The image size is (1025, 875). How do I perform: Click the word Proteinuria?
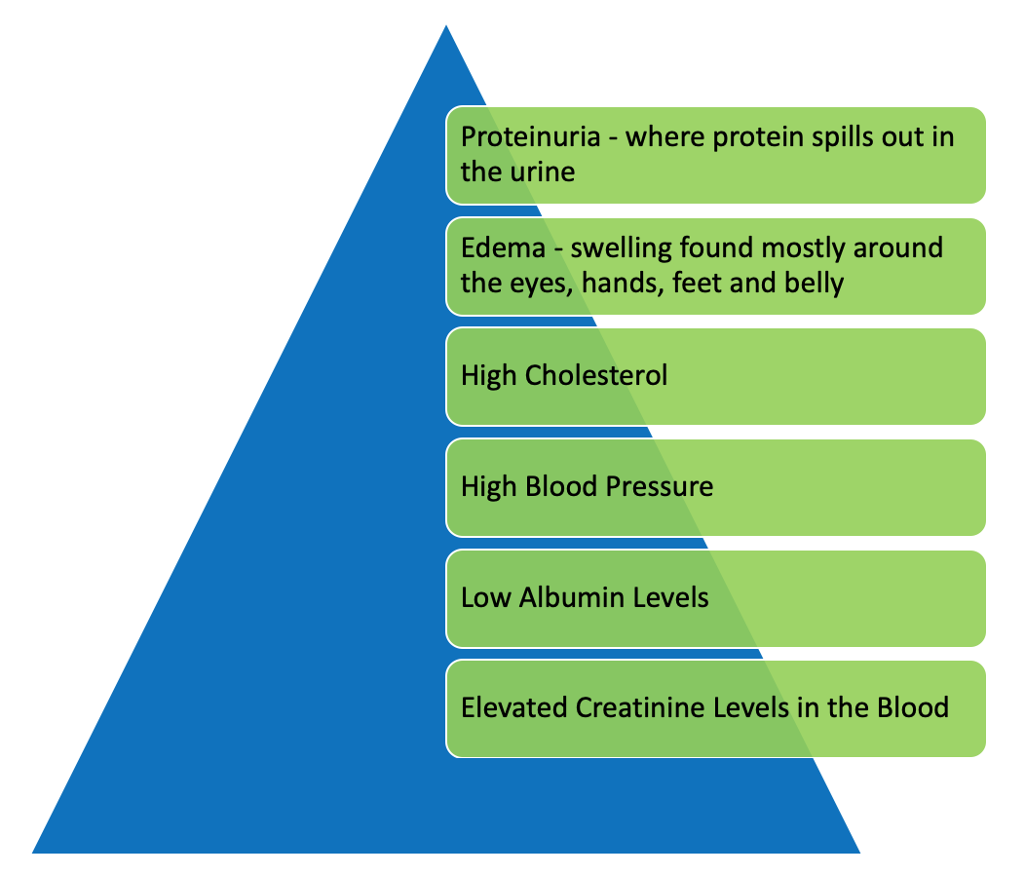[530, 137]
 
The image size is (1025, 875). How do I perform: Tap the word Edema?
[503, 248]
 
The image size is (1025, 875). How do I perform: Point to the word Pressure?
[659, 486]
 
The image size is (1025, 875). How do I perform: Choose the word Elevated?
[514, 707]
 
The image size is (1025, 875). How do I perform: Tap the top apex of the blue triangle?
[446, 25]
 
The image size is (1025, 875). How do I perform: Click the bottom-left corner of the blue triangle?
[33, 853]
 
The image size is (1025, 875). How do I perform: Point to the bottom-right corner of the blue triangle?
[859, 853]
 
